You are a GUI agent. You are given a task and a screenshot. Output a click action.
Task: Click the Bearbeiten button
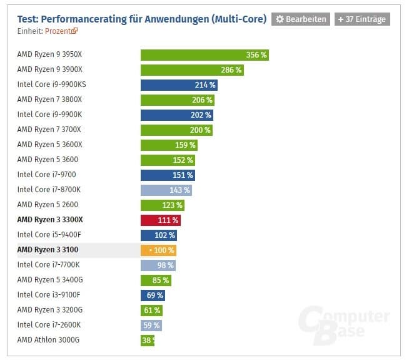point(300,19)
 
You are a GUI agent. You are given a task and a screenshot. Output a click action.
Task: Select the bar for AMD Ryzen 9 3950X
point(204,55)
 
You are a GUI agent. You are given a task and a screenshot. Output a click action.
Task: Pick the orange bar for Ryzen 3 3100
point(159,250)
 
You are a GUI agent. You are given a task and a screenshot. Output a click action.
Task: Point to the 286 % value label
point(231,70)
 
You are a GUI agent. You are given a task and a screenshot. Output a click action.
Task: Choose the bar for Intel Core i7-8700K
point(166,190)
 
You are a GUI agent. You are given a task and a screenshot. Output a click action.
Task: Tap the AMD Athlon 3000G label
point(48,340)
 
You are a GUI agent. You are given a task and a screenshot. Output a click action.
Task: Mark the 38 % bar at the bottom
point(148,341)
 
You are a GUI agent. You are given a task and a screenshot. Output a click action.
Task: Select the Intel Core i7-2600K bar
point(151,326)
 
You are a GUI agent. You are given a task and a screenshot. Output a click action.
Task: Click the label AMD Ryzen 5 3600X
point(49,145)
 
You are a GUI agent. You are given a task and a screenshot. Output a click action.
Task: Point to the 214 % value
point(204,85)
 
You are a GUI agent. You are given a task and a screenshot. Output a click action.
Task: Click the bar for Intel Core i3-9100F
point(153,296)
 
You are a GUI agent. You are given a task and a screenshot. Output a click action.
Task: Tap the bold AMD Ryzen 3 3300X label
point(50,220)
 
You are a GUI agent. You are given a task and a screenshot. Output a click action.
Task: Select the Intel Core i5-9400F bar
point(159,235)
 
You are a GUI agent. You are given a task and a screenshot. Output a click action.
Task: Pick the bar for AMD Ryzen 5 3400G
point(156,280)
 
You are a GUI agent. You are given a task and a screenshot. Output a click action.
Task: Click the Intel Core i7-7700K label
point(49,265)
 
